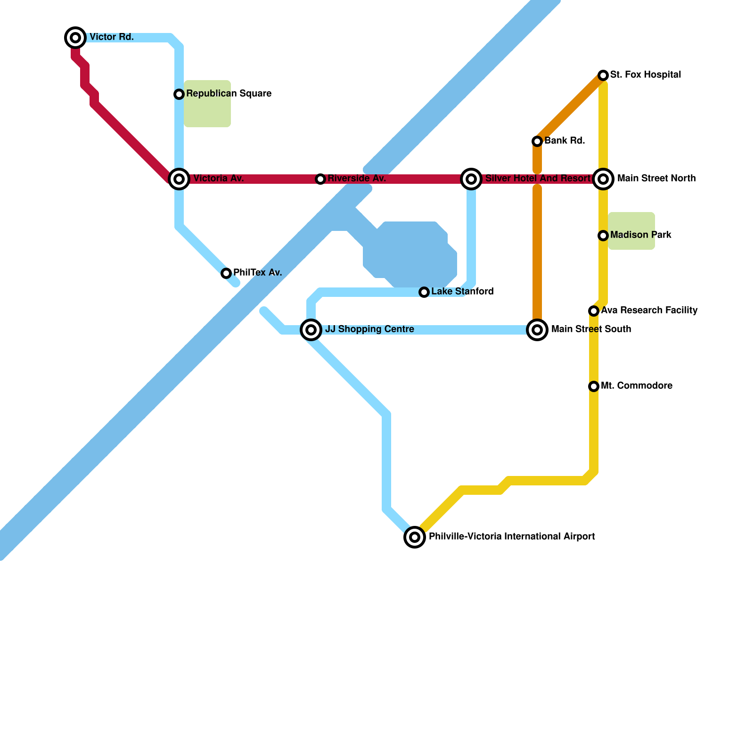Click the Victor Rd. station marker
[x=75, y=38]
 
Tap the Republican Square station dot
[x=179, y=94]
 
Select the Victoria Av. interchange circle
[x=179, y=179]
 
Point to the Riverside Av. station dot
[x=320, y=179]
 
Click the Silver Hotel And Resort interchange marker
[x=471, y=179]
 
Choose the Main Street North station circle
[x=603, y=179]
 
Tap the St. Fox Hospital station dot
[x=603, y=75]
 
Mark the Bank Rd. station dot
[x=537, y=141]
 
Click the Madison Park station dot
[x=603, y=236]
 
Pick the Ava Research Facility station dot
[x=594, y=311]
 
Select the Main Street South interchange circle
[x=537, y=330]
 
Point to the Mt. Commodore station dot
[x=594, y=386]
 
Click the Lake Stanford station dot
[x=424, y=292]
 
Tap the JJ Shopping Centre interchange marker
[x=311, y=330]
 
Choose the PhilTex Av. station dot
[x=226, y=273]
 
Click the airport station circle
[x=415, y=537]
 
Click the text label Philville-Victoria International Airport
[x=512, y=537]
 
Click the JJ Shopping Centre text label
[x=369, y=329]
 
